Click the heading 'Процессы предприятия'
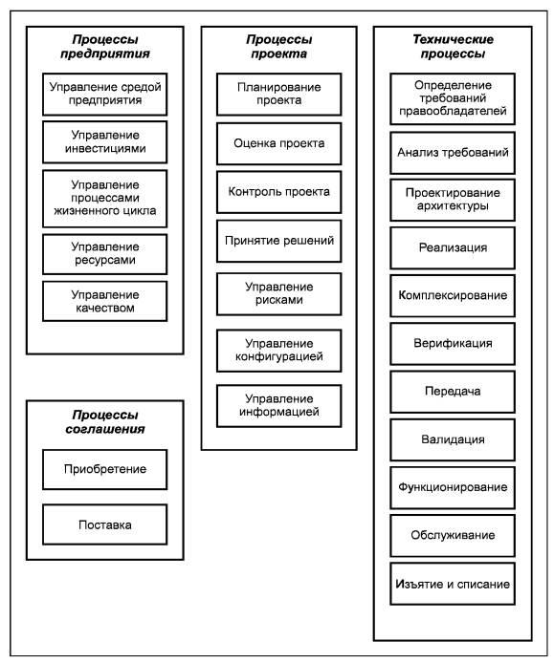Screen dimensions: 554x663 (x=105, y=47)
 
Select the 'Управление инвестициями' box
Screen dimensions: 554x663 (x=105, y=142)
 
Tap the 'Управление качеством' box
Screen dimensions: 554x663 (x=105, y=301)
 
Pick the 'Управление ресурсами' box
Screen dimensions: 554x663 (x=105, y=254)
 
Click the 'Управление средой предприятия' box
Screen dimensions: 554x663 (x=105, y=94)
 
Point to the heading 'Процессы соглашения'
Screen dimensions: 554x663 (x=105, y=422)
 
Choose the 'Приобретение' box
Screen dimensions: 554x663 (x=105, y=469)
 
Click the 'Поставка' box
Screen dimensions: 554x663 (x=105, y=524)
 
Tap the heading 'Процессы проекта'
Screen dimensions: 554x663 (x=279, y=47)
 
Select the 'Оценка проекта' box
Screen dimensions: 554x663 (x=279, y=143)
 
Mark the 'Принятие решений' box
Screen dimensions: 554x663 (x=279, y=241)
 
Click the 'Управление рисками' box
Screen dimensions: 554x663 (x=279, y=294)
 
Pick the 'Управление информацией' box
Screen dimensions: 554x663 (x=279, y=405)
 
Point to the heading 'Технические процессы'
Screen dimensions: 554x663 (x=453, y=47)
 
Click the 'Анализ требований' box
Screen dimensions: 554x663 (x=453, y=153)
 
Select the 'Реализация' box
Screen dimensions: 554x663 (x=453, y=247)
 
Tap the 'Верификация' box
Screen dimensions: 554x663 (x=453, y=343)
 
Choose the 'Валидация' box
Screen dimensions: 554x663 (x=453, y=439)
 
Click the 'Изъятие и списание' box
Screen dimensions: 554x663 (x=453, y=584)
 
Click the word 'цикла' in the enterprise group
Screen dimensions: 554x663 (x=140, y=211)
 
